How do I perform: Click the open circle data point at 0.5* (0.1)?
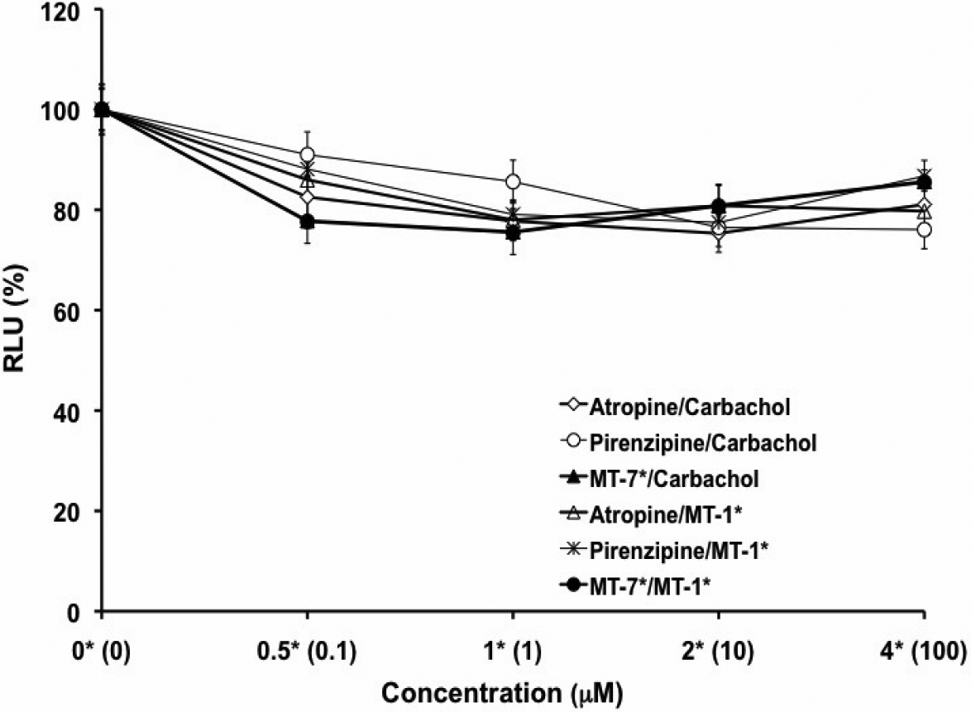pyautogui.click(x=308, y=155)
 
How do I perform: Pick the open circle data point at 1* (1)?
pyautogui.click(x=513, y=182)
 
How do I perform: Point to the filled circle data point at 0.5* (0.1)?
pyautogui.click(x=308, y=222)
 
